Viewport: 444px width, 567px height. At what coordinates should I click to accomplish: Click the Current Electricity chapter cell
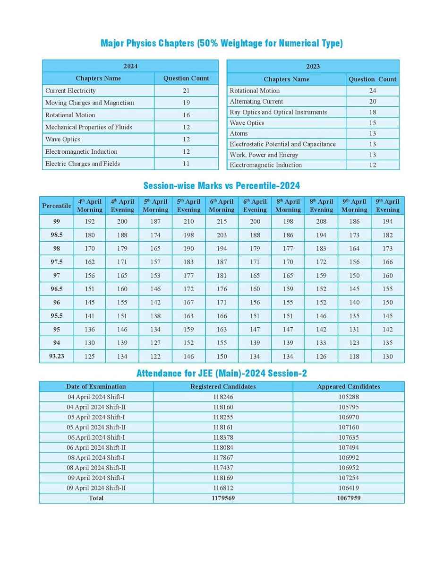[70, 90]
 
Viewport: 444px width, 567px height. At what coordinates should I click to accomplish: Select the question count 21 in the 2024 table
[186, 90]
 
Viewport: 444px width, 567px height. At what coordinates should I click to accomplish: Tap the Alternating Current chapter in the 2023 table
[256, 101]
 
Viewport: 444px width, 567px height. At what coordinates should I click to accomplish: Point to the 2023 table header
[313, 66]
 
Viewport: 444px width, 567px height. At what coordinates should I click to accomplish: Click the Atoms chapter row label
[239, 133]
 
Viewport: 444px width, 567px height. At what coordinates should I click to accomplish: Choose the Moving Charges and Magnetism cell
[90, 103]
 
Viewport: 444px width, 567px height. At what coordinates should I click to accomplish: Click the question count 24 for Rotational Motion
[372, 90]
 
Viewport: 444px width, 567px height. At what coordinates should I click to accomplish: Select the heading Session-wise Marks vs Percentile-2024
[222, 186]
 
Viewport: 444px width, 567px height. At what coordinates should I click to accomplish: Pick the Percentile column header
[56, 206]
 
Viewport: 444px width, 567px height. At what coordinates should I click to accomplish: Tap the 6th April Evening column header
[255, 206]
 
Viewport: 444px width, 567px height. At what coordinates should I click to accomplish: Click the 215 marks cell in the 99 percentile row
[222, 221]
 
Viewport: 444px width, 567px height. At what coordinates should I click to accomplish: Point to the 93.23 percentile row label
[56, 356]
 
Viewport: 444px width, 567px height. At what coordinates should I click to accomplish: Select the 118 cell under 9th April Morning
[354, 357]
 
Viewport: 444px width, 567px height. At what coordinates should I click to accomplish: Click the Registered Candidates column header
[223, 386]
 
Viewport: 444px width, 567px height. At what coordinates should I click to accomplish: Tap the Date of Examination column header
[96, 386]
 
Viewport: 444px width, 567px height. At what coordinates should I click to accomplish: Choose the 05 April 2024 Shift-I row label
[96, 417]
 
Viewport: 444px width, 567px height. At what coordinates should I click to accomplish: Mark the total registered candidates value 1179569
[223, 498]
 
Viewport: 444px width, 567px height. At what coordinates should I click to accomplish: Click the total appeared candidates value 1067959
[349, 498]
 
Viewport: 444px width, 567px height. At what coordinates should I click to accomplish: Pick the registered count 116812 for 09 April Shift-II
[223, 488]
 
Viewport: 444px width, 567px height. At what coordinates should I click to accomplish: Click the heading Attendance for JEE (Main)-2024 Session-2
[222, 374]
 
